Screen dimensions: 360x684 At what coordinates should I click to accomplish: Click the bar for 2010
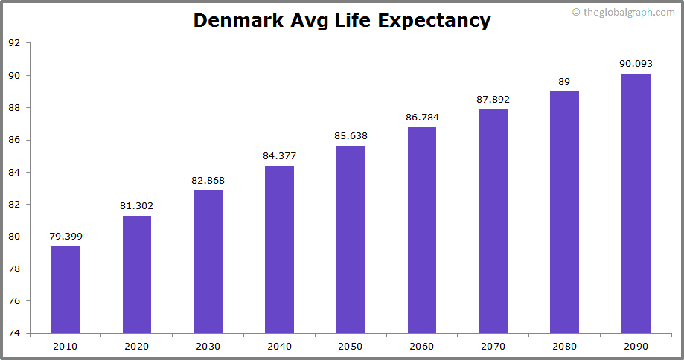point(65,289)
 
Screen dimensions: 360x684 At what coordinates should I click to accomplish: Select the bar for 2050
point(351,239)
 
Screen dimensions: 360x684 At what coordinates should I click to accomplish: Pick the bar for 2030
point(208,261)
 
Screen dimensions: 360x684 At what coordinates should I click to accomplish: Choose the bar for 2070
point(493,221)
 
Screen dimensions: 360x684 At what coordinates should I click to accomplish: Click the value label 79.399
point(65,237)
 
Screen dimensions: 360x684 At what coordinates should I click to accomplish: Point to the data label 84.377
point(279,155)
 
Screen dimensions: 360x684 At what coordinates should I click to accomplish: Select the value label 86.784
point(422,118)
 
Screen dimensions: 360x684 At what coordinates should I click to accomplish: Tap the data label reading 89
point(564,82)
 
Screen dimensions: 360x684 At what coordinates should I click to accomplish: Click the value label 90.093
point(636,64)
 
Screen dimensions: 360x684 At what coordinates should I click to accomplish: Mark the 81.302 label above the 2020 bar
point(137,206)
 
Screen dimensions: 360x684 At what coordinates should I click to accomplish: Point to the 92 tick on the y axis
point(14,43)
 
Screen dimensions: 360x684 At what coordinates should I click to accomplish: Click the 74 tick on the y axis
point(14,333)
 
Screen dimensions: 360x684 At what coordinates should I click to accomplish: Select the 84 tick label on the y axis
point(14,172)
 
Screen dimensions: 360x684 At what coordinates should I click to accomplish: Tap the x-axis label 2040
point(279,346)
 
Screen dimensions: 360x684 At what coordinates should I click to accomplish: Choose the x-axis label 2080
point(564,346)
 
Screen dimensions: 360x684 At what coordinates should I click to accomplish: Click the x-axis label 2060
point(422,346)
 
